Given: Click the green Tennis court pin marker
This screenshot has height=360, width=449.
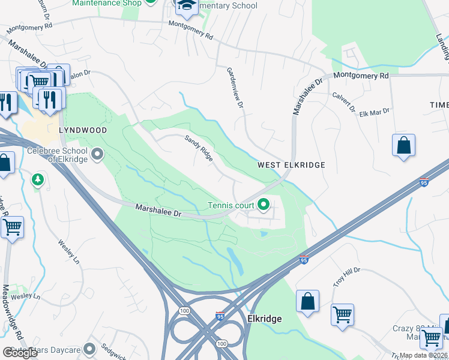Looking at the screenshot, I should (x=263, y=205).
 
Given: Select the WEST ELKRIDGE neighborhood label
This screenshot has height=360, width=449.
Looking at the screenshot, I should (x=291, y=165).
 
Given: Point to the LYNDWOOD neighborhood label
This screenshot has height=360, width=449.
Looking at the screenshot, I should (x=83, y=130).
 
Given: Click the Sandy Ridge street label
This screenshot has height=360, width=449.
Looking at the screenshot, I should (x=199, y=148).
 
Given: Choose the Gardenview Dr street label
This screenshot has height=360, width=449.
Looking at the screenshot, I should (x=235, y=88).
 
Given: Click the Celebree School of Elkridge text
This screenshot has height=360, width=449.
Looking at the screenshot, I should (x=57, y=154).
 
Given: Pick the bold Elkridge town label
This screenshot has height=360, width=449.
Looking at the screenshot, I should (x=264, y=319).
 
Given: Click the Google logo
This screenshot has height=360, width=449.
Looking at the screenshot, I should (x=20, y=353).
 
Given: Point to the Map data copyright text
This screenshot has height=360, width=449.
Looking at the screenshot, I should (x=423, y=355).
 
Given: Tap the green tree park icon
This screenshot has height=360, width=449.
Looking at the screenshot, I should (x=38, y=179).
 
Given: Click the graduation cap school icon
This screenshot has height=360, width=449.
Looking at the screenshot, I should (x=187, y=5).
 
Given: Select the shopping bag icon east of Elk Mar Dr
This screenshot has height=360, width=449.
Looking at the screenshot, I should (x=404, y=146).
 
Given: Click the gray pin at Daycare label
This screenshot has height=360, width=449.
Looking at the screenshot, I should (x=89, y=349).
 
